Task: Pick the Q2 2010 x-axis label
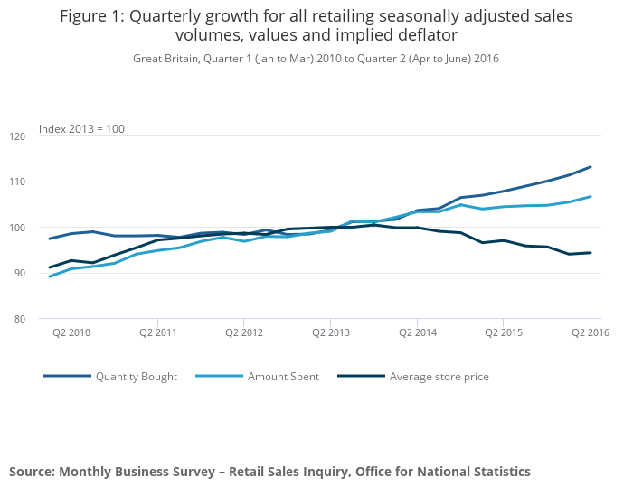point(71,332)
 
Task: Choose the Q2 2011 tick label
point(157,332)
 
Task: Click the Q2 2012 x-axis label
point(243,332)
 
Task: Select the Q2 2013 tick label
point(330,332)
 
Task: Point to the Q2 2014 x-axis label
point(416,332)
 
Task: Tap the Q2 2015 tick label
point(503,332)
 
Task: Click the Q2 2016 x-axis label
point(590,332)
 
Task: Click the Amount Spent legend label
point(283,377)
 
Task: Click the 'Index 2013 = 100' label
point(81,129)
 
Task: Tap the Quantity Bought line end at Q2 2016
point(590,167)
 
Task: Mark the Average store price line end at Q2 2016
point(590,253)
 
